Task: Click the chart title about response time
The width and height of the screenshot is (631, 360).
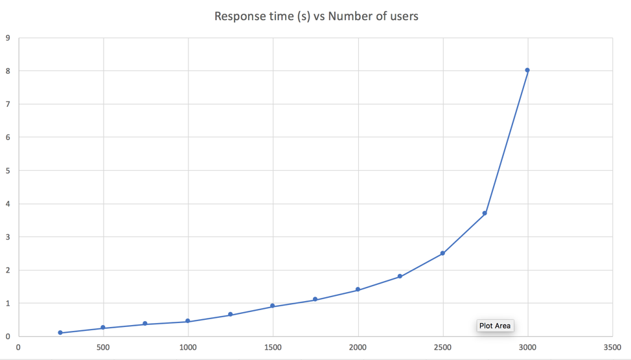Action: coord(316,16)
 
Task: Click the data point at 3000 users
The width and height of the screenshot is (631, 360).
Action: coord(527,70)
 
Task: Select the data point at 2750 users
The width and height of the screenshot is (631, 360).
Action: coord(485,213)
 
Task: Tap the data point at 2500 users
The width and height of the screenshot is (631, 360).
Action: coord(442,253)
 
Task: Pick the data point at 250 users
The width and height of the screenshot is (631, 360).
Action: coord(60,333)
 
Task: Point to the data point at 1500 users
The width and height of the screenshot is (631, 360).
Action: coord(273,306)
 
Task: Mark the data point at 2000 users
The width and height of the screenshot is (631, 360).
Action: coord(358,289)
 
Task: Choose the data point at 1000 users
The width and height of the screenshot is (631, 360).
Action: coord(188,321)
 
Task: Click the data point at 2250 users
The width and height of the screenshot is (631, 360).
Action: coord(400,276)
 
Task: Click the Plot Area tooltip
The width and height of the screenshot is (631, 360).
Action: coord(495,326)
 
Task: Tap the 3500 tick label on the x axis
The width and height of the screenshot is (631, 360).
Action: coord(612,348)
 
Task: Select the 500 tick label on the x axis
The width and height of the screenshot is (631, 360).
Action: coord(103,348)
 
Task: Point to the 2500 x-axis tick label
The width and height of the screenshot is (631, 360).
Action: coord(442,348)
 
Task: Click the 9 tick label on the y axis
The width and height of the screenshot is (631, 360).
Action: coord(8,38)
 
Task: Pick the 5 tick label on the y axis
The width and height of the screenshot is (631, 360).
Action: coord(8,170)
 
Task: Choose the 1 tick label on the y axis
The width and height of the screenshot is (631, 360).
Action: coord(8,303)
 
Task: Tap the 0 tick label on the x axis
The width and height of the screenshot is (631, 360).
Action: coord(18,348)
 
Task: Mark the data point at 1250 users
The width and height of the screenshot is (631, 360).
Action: coord(230,315)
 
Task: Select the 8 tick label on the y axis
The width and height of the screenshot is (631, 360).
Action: coord(8,71)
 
